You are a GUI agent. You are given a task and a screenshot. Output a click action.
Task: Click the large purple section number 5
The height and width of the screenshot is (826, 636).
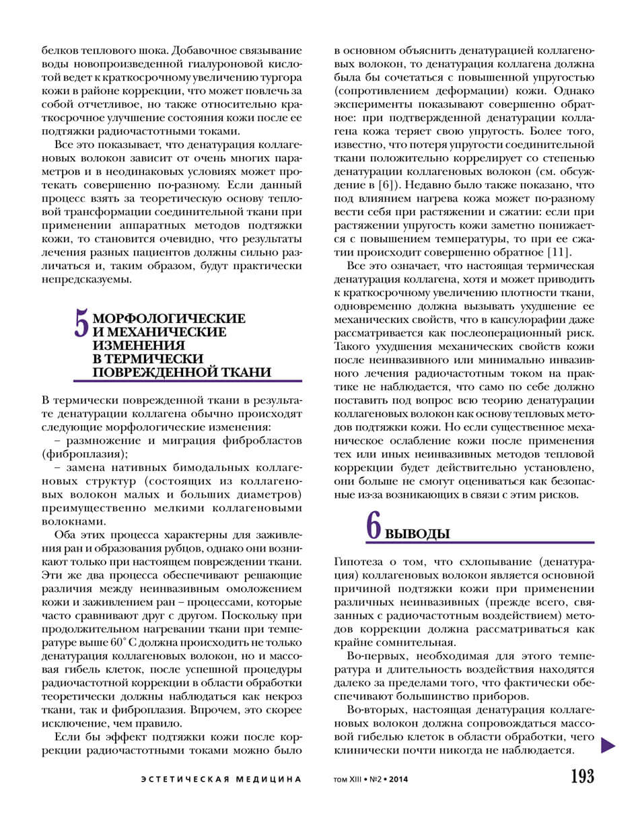coord(81,322)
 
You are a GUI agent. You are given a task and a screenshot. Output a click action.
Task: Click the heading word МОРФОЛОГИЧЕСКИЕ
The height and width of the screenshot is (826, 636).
coord(169,319)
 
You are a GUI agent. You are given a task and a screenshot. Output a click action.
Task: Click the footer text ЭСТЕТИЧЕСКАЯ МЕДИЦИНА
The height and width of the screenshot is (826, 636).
coord(221,780)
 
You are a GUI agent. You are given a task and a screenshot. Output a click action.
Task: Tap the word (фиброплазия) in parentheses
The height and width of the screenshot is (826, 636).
coord(84,454)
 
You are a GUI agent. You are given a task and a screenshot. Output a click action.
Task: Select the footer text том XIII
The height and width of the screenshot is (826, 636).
coord(348,780)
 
